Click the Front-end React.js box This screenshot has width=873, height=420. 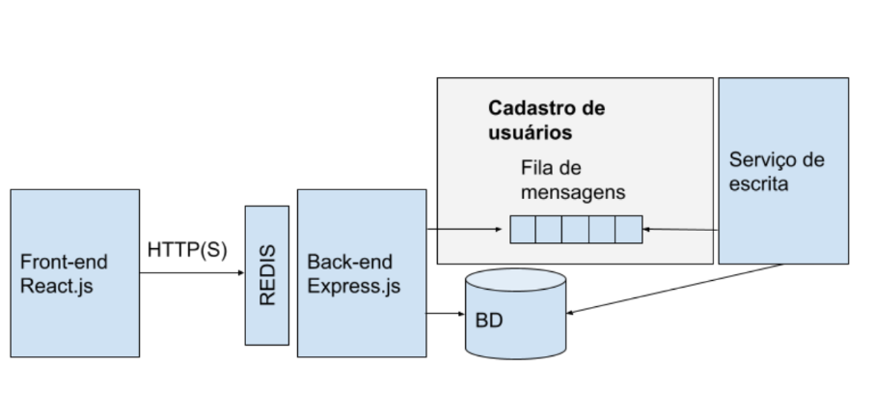pyautogui.click(x=74, y=273)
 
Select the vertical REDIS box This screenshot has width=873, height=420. pyautogui.click(x=267, y=274)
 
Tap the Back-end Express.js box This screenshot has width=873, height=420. pyautogui.click(x=361, y=273)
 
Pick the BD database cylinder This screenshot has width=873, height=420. pyautogui.click(x=516, y=314)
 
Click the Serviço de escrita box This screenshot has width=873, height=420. pyautogui.click(x=783, y=170)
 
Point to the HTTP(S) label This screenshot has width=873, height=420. pyautogui.click(x=187, y=249)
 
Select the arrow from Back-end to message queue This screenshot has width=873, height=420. pyautogui.click(x=467, y=230)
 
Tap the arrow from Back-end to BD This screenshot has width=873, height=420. pyautogui.click(x=445, y=314)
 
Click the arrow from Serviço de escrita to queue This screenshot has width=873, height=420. pyautogui.click(x=681, y=230)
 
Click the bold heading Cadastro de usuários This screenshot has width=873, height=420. pyautogui.click(x=546, y=119)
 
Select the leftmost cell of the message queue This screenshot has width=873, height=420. pyautogui.click(x=523, y=230)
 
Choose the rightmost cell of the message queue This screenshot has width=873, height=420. pyautogui.click(x=628, y=230)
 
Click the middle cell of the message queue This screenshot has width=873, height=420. pyautogui.click(x=576, y=230)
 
